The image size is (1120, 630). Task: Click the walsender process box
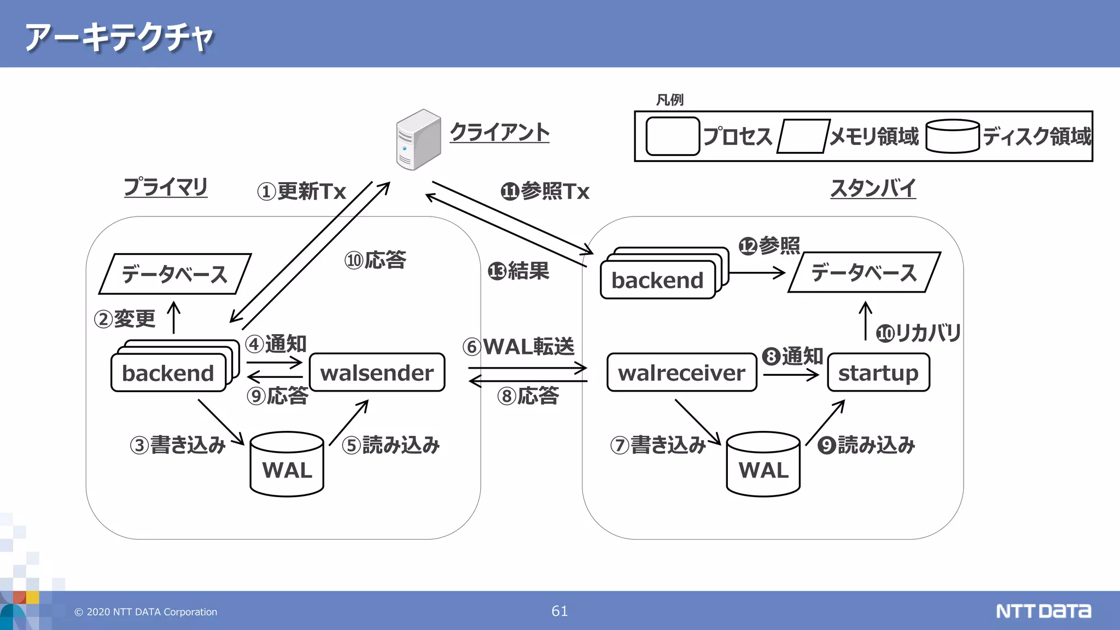click(377, 372)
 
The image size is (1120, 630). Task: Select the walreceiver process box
click(681, 372)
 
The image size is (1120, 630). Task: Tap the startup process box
click(878, 372)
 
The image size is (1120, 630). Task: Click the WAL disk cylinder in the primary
click(287, 465)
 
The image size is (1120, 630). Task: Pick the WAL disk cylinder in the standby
click(763, 465)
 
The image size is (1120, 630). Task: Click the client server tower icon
click(418, 139)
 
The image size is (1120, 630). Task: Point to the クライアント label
click(499, 132)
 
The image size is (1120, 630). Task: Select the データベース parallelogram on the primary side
click(174, 274)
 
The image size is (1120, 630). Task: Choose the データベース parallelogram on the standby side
click(864, 272)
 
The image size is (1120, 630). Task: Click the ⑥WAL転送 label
click(518, 347)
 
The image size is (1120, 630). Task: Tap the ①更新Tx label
click(301, 191)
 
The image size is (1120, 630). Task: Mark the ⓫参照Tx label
click(545, 191)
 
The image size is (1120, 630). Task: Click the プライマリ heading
click(166, 187)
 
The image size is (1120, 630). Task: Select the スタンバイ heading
click(873, 188)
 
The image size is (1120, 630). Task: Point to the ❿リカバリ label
click(918, 332)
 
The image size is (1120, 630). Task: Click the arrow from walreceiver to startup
click(791, 375)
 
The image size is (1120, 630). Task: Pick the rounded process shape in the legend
click(673, 136)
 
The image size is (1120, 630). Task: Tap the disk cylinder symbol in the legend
click(952, 136)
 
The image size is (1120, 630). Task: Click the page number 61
click(559, 611)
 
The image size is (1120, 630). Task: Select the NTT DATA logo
click(1043, 611)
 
